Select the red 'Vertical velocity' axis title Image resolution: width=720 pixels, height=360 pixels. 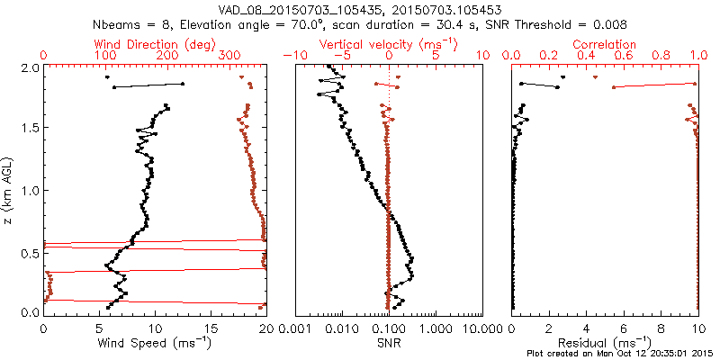click(389, 44)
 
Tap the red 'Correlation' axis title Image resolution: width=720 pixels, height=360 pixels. click(605, 44)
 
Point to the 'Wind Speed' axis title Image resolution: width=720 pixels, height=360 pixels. click(155, 342)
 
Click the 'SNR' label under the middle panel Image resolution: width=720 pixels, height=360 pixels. click(389, 342)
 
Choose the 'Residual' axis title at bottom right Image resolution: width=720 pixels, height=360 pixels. click(605, 342)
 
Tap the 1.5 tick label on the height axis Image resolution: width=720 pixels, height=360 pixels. click(31, 129)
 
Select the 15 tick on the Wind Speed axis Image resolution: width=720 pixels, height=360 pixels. click(210, 328)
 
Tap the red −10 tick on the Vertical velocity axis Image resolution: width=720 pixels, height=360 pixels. click(290, 56)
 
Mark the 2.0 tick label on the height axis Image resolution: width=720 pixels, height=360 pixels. click(31, 67)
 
